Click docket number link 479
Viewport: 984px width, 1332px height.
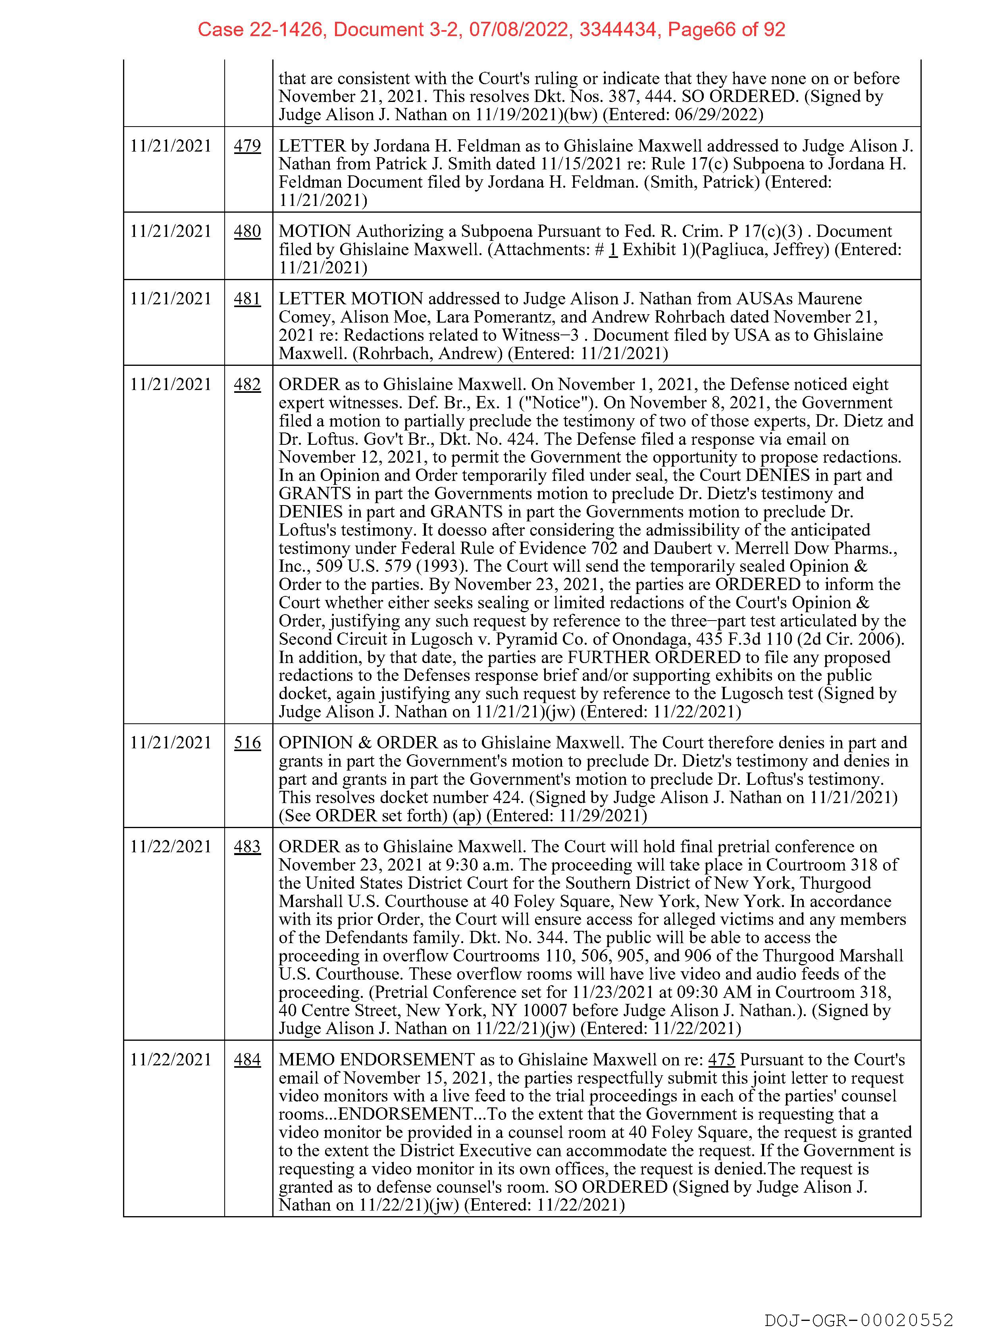pyautogui.click(x=247, y=146)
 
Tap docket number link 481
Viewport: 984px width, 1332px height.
pyautogui.click(x=247, y=298)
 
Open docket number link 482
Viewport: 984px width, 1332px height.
pyautogui.click(x=247, y=384)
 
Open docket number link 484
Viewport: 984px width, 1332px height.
pyautogui.click(x=247, y=1059)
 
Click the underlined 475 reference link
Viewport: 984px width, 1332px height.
pyautogui.click(x=721, y=1059)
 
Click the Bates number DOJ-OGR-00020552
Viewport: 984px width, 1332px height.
pyautogui.click(x=859, y=1319)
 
